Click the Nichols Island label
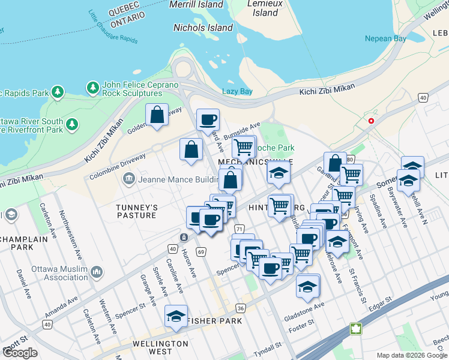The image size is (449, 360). pyautogui.click(x=203, y=28)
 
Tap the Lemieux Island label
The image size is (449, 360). pyautogui.click(x=265, y=8)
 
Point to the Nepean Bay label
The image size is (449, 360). pyautogui.click(x=385, y=39)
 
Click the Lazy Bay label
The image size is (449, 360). pyautogui.click(x=237, y=91)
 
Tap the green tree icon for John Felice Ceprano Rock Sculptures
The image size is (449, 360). pyautogui.click(x=93, y=89)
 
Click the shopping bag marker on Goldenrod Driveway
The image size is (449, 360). pyautogui.click(x=157, y=115)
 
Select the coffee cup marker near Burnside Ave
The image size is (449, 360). pyautogui.click(x=208, y=120)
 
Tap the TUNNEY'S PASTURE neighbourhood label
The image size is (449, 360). pyautogui.click(x=136, y=211)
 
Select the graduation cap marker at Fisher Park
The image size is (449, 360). pyautogui.click(x=176, y=317)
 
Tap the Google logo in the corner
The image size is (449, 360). pyautogui.click(x=20, y=353)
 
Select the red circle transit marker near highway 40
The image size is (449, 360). pyautogui.click(x=371, y=121)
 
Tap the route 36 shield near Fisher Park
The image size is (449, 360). pyautogui.click(x=241, y=308)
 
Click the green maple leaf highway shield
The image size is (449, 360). pyautogui.click(x=356, y=329)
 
